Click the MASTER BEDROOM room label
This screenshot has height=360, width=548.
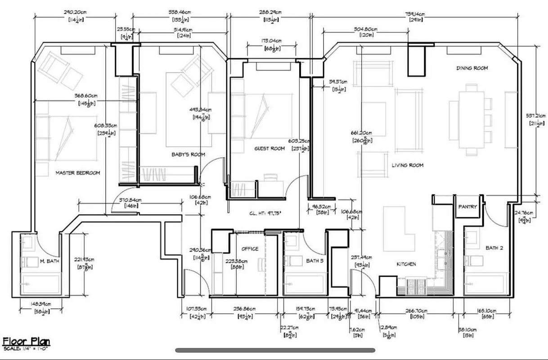click(x=77, y=173)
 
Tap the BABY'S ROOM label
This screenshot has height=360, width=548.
click(x=188, y=154)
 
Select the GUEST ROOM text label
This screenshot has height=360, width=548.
click(x=270, y=148)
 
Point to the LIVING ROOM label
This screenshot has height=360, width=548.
click(x=407, y=165)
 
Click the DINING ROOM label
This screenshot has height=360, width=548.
click(x=472, y=68)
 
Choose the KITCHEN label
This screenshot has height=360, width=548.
click(x=406, y=264)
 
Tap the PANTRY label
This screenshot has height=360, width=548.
click(x=467, y=207)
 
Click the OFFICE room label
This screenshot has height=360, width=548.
click(x=250, y=249)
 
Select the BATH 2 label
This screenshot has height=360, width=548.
click(x=494, y=248)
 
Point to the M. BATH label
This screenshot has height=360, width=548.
click(x=49, y=261)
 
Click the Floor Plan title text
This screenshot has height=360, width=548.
click(x=26, y=342)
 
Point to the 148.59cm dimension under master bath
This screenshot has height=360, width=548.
click(x=40, y=305)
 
